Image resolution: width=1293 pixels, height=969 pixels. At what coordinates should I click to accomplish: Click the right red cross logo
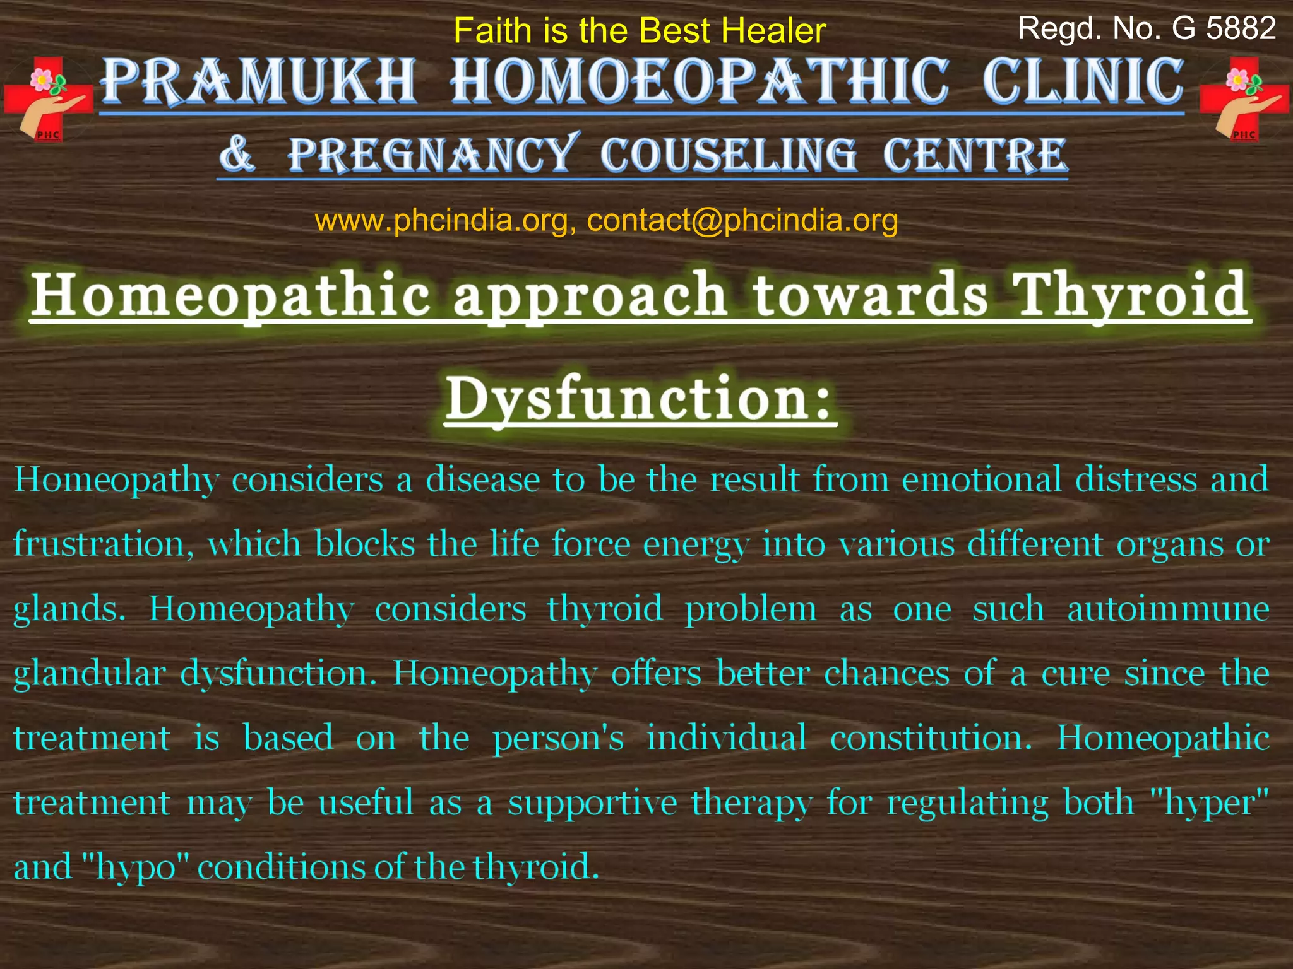point(1243,99)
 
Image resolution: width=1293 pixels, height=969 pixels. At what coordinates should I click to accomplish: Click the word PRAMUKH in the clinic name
point(259,82)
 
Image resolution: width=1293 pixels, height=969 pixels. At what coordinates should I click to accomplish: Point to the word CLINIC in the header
point(1083,82)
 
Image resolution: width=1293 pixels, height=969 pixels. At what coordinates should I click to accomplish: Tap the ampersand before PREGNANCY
point(237,154)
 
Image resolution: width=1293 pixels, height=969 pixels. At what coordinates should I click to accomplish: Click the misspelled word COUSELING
point(729,155)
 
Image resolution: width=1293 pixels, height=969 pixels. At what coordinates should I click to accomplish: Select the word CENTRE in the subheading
point(975,155)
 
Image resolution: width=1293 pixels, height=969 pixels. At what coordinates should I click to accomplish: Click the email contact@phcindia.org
point(742,220)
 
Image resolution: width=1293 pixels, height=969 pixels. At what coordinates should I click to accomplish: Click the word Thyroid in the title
point(1130,295)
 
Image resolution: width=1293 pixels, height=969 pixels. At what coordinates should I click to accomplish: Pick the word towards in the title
point(870,295)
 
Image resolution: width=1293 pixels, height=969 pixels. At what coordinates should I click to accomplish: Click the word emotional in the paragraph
point(981,479)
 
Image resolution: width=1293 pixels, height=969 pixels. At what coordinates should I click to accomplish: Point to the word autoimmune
point(1168,609)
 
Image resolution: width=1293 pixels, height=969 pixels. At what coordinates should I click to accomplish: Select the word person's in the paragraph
point(558,739)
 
